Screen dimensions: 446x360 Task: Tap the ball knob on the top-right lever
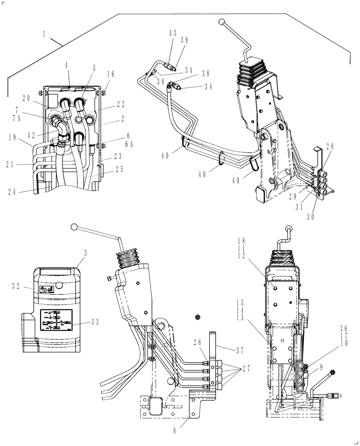point(221,21)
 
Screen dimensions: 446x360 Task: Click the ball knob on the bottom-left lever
point(75,227)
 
